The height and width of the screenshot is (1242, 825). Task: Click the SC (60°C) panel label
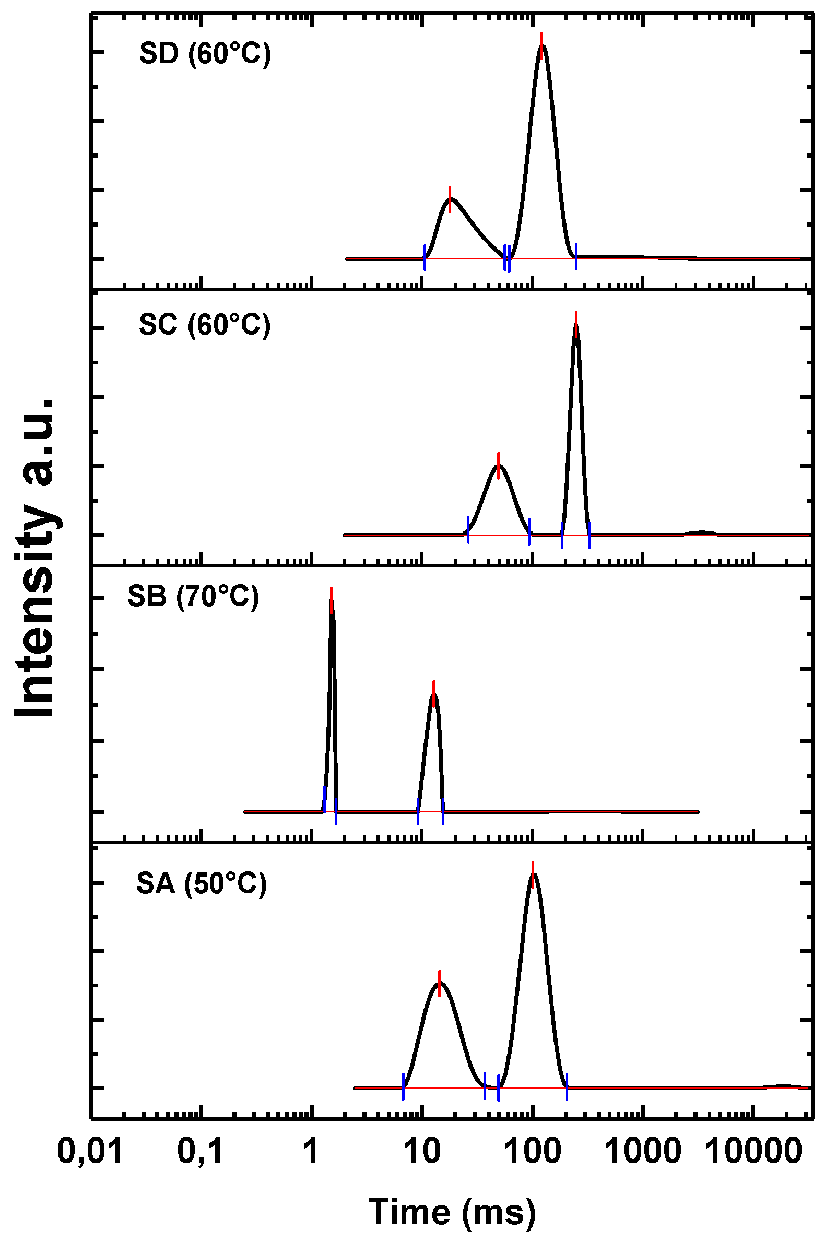click(205, 325)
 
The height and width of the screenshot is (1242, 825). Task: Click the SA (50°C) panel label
click(202, 883)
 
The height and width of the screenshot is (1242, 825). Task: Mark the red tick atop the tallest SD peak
click(541, 45)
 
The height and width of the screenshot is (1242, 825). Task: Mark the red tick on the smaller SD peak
click(450, 199)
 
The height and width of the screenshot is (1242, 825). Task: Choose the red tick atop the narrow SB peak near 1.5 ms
click(331, 600)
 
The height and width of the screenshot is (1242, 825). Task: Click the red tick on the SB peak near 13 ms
click(433, 693)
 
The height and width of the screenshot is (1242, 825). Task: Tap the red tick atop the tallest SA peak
click(533, 874)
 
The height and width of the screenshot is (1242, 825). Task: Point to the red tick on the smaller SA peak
click(439, 983)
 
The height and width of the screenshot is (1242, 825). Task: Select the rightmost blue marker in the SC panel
click(590, 535)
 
